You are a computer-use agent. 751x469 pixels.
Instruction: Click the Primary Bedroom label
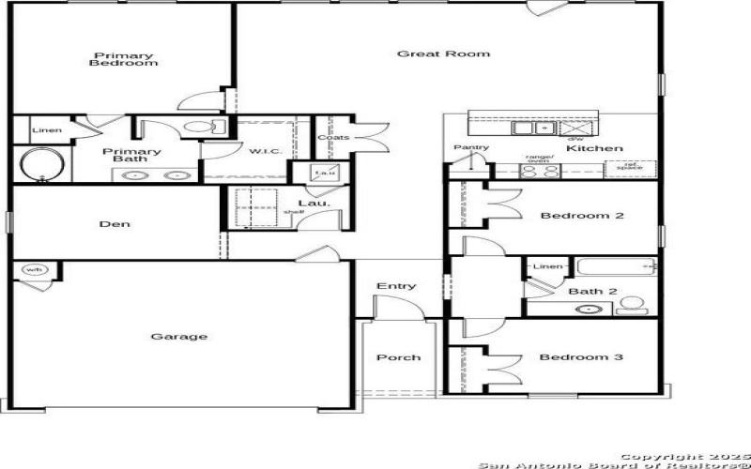(123, 58)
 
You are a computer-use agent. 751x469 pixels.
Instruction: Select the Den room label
(115, 224)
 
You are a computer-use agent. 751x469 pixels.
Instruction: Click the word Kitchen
(594, 148)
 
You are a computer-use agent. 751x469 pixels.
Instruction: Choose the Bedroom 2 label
(582, 216)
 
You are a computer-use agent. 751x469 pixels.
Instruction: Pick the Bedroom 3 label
(580, 357)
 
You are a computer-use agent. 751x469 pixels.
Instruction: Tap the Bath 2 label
(592, 292)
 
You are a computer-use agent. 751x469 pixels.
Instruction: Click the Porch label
(398, 357)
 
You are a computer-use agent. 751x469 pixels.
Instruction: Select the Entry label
(396, 286)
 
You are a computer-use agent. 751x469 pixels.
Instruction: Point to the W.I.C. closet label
(260, 150)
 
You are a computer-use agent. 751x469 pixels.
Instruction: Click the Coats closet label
(333, 138)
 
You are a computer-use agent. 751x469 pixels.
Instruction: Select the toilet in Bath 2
(634, 305)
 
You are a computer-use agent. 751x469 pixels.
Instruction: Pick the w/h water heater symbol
(35, 270)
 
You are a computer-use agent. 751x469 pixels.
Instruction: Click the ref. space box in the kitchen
(629, 169)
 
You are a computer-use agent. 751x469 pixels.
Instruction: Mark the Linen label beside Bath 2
(547, 267)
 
